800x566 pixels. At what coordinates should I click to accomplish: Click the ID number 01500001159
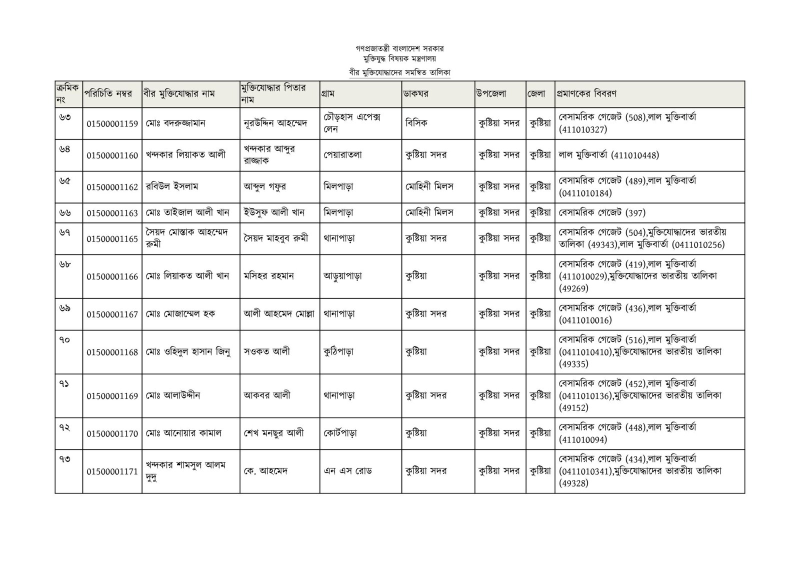click(x=112, y=124)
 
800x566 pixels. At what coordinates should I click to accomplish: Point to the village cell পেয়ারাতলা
click(x=342, y=155)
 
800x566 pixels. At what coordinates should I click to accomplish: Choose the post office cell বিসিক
click(x=416, y=123)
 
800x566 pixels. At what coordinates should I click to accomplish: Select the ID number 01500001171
click(x=112, y=471)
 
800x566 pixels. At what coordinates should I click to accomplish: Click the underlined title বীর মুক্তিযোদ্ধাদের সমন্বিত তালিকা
click(x=400, y=72)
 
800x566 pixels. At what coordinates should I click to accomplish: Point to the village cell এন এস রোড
click(x=347, y=471)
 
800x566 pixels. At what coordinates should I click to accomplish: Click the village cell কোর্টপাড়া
click(x=340, y=433)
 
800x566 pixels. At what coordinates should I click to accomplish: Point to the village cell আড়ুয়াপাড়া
click(x=342, y=276)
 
